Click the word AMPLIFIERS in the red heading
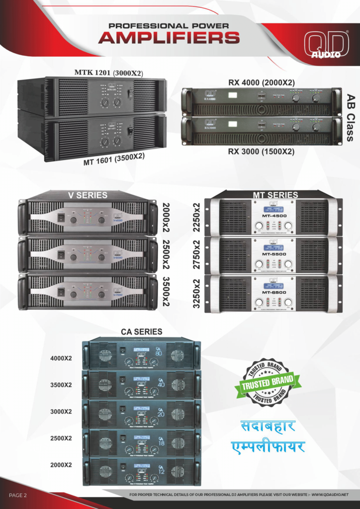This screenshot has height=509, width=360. click(x=169, y=38)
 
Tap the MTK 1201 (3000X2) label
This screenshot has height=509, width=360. click(x=108, y=73)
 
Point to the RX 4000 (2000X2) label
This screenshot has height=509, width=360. click(x=261, y=82)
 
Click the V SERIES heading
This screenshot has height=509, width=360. click(x=88, y=195)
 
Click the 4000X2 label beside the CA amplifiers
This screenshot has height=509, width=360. click(x=61, y=358)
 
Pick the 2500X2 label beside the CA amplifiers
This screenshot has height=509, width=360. click(x=61, y=438)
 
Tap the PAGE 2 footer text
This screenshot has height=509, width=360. click(x=18, y=495)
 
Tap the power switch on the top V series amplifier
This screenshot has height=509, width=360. click(x=61, y=217)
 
